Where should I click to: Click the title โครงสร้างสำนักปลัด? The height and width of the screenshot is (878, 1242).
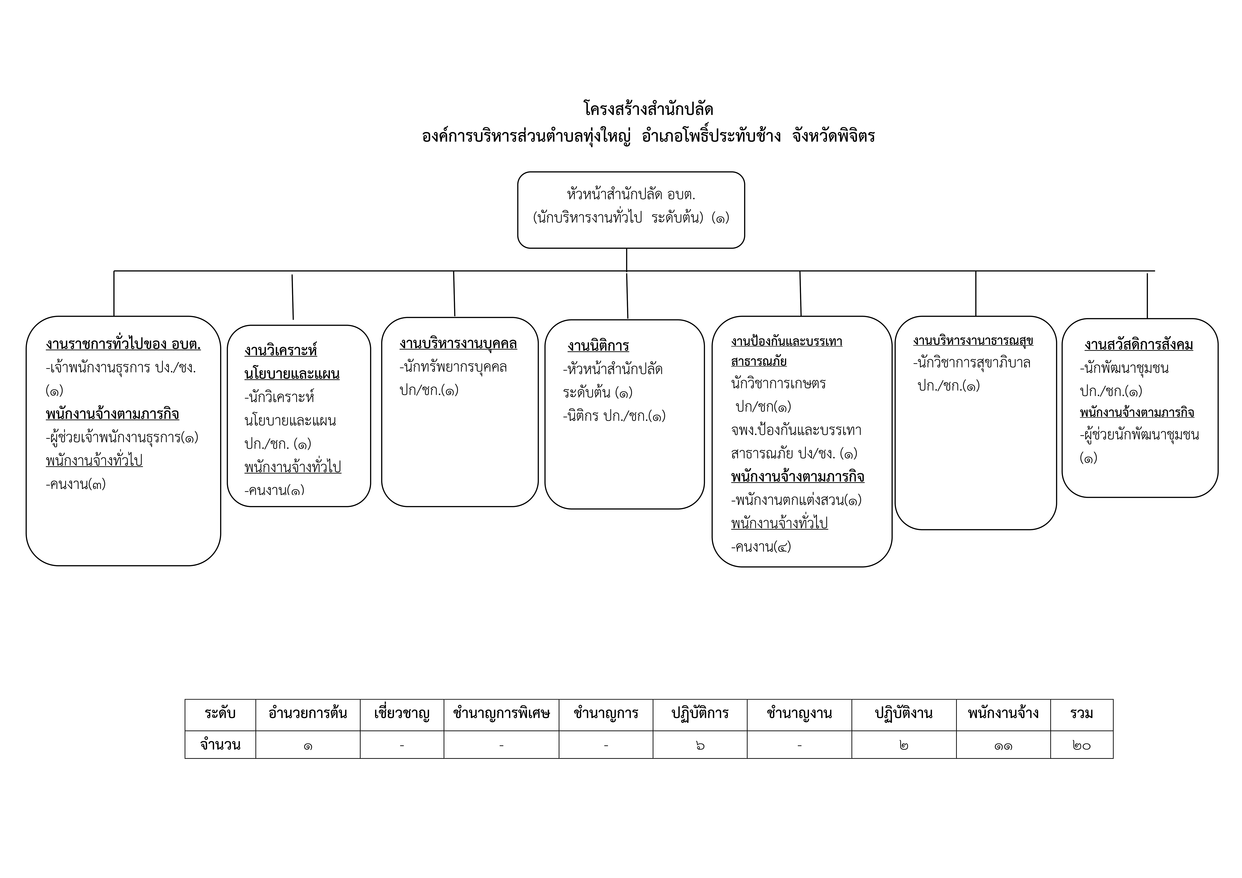[x=648, y=109]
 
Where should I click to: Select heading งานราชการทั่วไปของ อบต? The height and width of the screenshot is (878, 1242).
[x=123, y=345]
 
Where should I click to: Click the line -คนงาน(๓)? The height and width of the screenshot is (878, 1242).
[x=76, y=484]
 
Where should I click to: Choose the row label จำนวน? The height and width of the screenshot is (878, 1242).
[x=220, y=745]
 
